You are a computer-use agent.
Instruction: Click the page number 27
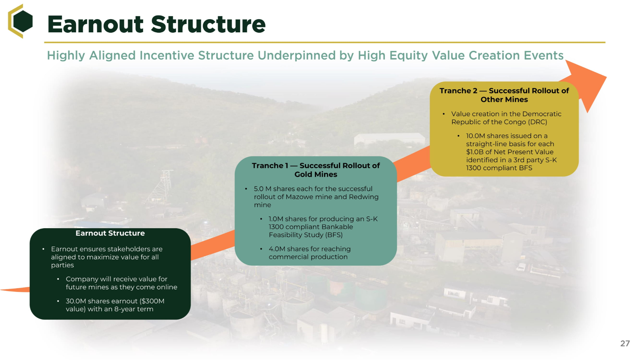tap(625, 343)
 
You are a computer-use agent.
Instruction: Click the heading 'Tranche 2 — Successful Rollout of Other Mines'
tap(504, 95)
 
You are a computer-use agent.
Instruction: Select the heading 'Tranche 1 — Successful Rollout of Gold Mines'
tap(316, 170)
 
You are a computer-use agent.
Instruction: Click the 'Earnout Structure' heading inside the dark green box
tap(110, 233)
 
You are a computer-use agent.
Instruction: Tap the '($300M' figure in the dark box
tap(152, 301)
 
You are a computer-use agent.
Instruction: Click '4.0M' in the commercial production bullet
tap(277, 249)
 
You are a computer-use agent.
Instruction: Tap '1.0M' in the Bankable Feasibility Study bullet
tap(276, 219)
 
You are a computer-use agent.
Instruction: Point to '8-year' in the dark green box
tap(125, 309)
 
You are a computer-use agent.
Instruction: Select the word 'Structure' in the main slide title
tap(208, 25)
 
